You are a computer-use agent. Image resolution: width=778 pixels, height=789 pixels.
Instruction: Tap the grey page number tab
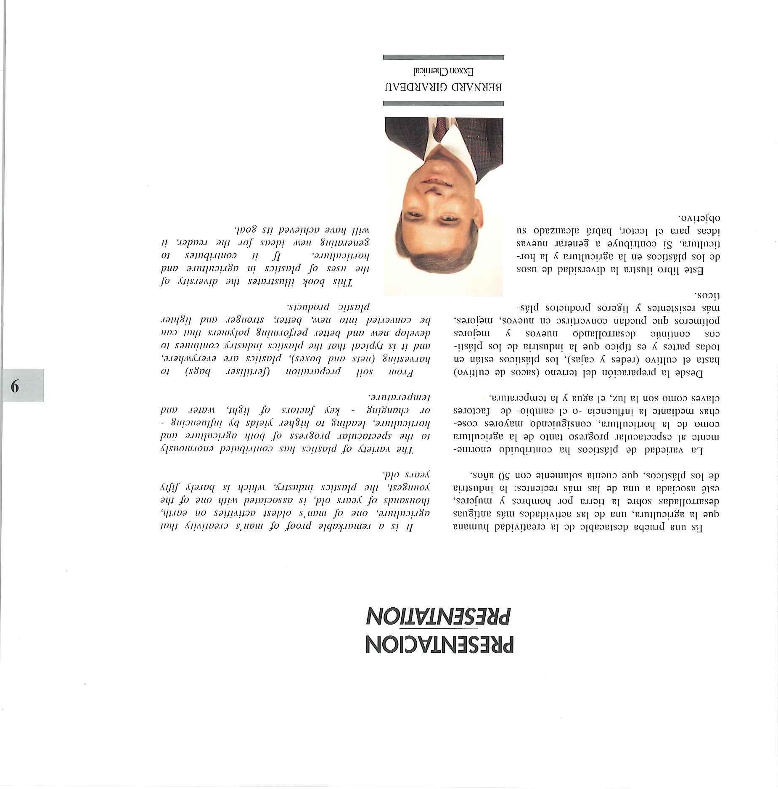tap(23, 385)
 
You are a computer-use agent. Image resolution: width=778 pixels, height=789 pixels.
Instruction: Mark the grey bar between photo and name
tap(444, 103)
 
